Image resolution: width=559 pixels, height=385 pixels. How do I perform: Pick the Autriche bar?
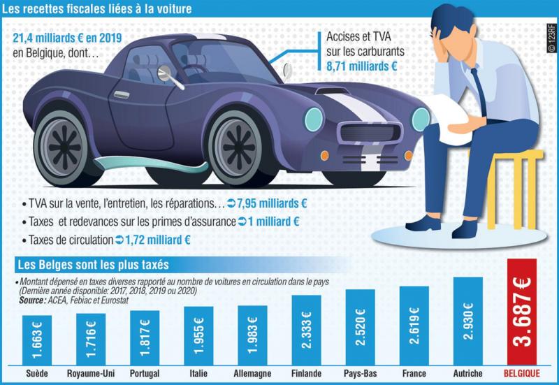[467, 321]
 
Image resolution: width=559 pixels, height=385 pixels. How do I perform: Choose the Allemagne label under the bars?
[252, 374]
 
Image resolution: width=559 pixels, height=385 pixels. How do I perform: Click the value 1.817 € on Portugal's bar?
[144, 338]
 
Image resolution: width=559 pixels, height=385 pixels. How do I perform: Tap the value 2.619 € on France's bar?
[414, 326]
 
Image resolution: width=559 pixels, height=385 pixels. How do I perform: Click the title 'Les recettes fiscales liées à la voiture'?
[99, 10]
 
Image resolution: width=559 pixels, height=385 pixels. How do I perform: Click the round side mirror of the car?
[165, 72]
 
